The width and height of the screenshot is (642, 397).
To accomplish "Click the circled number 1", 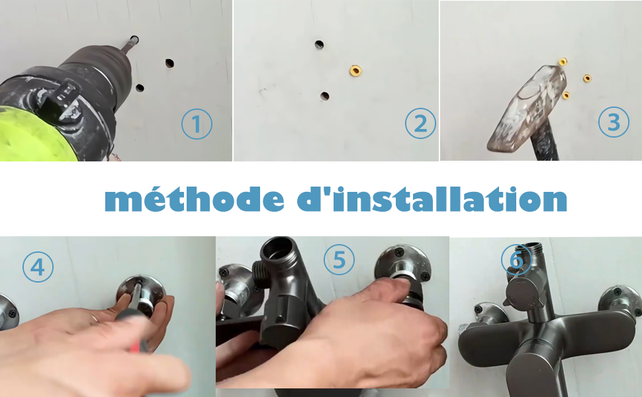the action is (x=197, y=124).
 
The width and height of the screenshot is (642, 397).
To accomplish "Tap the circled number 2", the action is (x=420, y=123).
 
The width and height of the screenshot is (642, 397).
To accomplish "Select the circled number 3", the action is (x=614, y=122).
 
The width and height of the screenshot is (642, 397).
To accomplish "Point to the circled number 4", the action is (x=38, y=267).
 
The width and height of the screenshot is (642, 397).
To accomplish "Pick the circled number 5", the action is (x=339, y=259).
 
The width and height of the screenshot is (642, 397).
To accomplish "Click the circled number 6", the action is (x=517, y=259).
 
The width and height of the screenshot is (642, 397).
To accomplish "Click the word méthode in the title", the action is (x=195, y=199).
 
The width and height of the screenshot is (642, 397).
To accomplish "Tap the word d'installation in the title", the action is (x=432, y=199).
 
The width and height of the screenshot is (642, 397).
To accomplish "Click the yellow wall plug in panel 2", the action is (x=355, y=71).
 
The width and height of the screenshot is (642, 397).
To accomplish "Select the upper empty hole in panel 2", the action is (x=319, y=44).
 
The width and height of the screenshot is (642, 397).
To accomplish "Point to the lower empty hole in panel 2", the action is (x=325, y=96).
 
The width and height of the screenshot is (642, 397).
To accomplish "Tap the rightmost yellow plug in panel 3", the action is (x=587, y=78).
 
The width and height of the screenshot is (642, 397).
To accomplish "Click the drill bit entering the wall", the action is (x=128, y=44).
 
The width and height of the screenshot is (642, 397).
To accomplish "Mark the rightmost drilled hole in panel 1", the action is (x=169, y=63).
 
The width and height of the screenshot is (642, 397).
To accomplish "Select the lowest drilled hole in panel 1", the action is (x=140, y=87).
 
